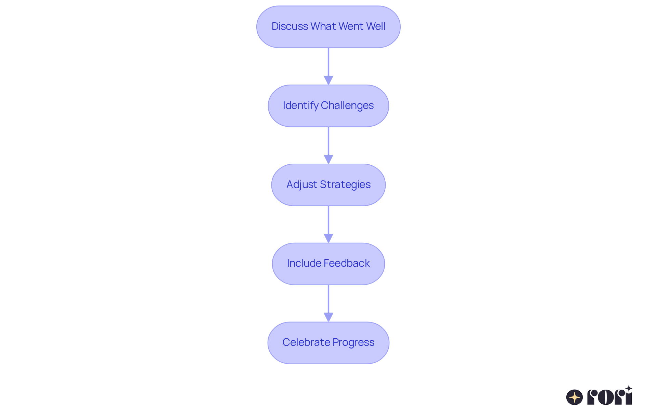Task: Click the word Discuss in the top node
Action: pyautogui.click(x=289, y=26)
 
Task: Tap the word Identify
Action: pyautogui.click(x=300, y=105)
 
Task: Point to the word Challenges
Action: pyautogui.click(x=347, y=105)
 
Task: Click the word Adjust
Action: pyautogui.click(x=301, y=185)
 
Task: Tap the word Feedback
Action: pyautogui.click(x=347, y=263)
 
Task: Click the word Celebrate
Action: pyautogui.click(x=306, y=342)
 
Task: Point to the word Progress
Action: pyautogui.click(x=353, y=342)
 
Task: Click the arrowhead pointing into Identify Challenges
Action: pyautogui.click(x=328, y=80)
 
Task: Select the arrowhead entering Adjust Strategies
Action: pyautogui.click(x=328, y=159)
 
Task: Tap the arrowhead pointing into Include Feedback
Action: pyautogui.click(x=328, y=238)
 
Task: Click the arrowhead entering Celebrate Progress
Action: pyautogui.click(x=328, y=317)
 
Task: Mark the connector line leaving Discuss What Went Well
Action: pyautogui.click(x=328, y=62)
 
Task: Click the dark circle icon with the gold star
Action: pyautogui.click(x=575, y=397)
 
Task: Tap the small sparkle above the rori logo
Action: pyautogui.click(x=629, y=389)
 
